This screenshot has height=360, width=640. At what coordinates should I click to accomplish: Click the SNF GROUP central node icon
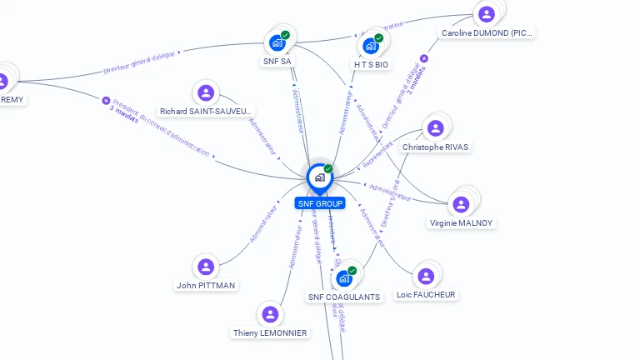click(x=319, y=177)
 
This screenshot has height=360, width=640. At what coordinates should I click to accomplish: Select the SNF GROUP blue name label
click(x=319, y=203)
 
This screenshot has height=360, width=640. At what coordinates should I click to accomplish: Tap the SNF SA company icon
click(x=277, y=42)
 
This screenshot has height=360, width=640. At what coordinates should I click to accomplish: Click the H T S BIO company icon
click(x=371, y=46)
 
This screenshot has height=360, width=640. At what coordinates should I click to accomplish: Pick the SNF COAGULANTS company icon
click(x=344, y=278)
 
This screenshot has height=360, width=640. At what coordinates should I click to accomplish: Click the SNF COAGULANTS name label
click(x=344, y=297)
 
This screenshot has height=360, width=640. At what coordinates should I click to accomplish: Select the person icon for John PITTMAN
click(x=206, y=267)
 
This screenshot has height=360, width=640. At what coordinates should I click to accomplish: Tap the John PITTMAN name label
click(x=206, y=285)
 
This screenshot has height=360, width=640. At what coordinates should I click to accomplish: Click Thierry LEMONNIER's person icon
click(x=270, y=314)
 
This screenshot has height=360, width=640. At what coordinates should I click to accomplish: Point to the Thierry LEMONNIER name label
click(x=270, y=332)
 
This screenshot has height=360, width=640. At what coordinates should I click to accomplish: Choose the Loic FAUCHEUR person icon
click(x=426, y=276)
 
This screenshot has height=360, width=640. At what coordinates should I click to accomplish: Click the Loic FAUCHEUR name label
click(x=426, y=294)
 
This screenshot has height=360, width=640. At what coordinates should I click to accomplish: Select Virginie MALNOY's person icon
click(x=460, y=204)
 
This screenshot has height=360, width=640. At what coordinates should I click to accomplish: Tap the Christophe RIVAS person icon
click(x=435, y=128)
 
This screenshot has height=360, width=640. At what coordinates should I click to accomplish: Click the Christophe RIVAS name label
click(x=435, y=147)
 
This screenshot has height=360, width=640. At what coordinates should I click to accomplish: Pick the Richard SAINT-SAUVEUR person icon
click(x=206, y=92)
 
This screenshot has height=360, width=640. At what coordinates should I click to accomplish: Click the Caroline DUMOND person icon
click(x=487, y=14)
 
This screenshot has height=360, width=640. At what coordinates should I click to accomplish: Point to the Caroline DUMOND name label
click(x=487, y=33)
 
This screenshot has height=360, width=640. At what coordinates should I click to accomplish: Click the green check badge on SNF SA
click(x=286, y=35)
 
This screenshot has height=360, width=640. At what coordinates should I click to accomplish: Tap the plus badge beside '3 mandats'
click(x=106, y=101)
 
